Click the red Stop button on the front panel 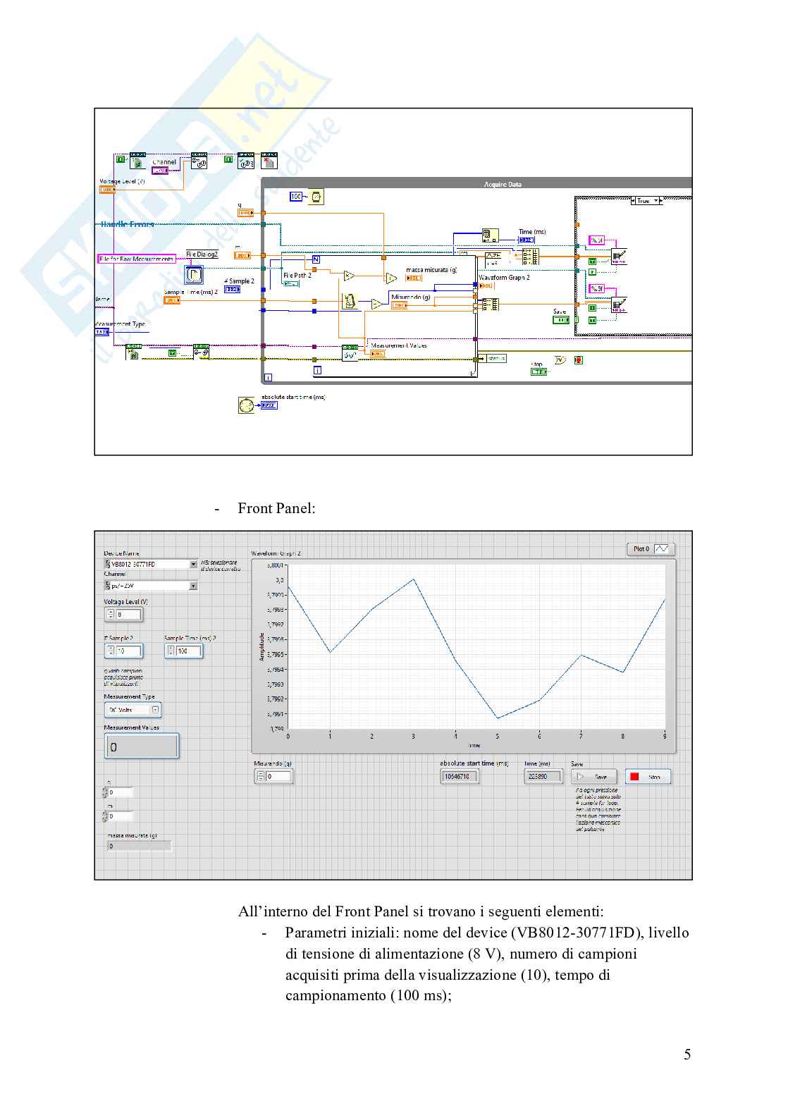648,776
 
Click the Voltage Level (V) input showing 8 128,615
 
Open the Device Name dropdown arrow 193,564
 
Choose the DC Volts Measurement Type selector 133,710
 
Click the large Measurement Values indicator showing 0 142,746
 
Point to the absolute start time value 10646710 459,776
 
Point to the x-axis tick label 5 497,737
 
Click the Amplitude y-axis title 261,646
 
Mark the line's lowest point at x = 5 498,718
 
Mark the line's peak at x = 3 414,579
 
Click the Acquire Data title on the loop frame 503,184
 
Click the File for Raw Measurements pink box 136,259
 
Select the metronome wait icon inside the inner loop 350,301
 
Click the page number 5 687,1054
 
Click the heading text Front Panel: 276,508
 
